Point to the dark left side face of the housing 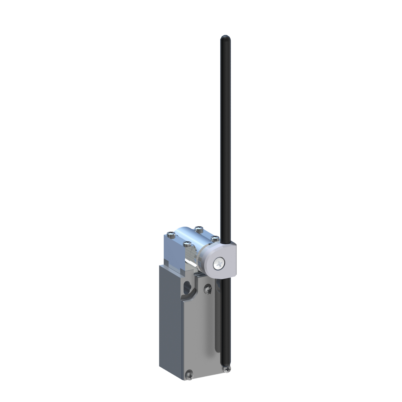170,321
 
